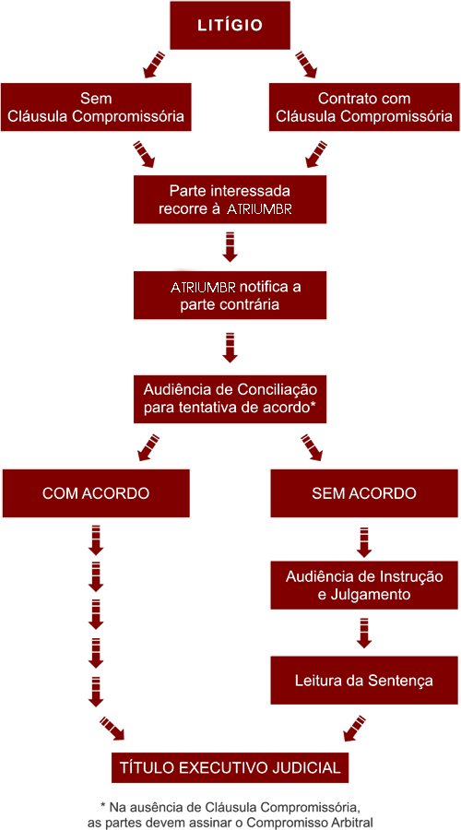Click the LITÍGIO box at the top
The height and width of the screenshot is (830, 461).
[x=230, y=25]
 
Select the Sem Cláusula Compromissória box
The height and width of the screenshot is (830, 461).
[x=96, y=107]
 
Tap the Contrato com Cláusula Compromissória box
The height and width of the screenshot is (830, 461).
[x=364, y=107]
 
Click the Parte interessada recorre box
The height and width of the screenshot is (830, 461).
[x=230, y=199]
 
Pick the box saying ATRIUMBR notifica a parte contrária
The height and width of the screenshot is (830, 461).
[x=230, y=295]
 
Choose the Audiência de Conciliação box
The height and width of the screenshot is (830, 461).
[x=230, y=399]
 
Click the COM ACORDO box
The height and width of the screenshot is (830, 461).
[x=96, y=493]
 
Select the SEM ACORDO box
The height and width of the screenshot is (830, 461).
[x=364, y=493]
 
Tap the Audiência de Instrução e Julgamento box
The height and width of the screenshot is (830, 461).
[x=364, y=585]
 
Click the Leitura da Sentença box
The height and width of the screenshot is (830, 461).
[x=364, y=681]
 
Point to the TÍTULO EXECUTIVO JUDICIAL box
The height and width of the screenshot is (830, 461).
[x=230, y=767]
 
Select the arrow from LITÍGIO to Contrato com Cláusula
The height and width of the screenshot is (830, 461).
[x=306, y=65]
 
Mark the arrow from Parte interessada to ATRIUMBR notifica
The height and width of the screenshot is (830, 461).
[x=230, y=246]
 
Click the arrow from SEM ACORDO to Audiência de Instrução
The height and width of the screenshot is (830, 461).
[x=364, y=541]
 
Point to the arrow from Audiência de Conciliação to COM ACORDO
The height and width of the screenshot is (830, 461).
[x=148, y=447]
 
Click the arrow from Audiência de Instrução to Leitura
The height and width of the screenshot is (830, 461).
[x=364, y=633]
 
